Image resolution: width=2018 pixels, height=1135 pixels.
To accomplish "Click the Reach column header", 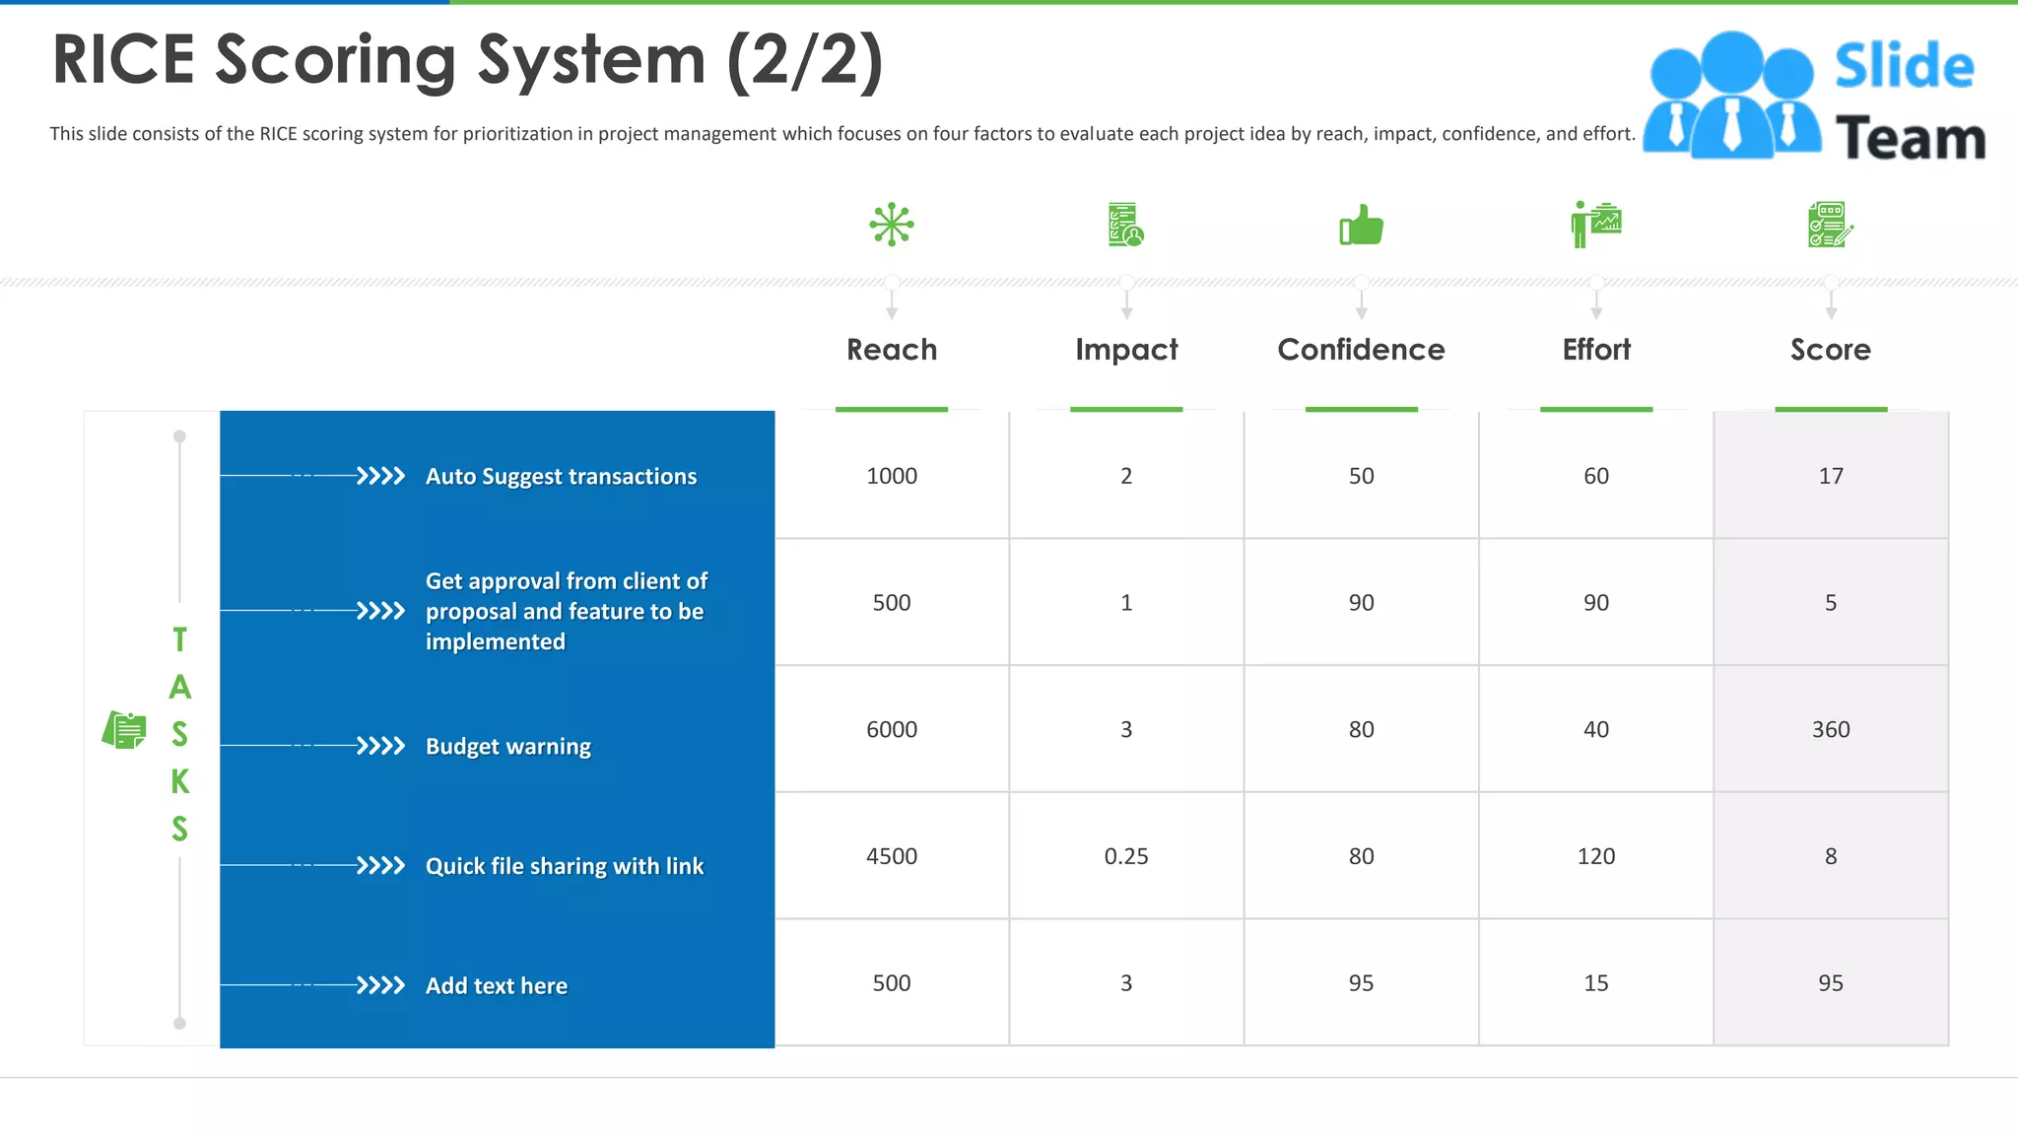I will [x=892, y=350].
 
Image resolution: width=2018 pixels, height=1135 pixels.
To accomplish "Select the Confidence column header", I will [x=1361, y=350].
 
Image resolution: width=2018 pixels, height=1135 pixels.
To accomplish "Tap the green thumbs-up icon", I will [x=1361, y=225].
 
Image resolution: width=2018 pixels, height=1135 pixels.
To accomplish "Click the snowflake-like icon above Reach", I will [x=892, y=225].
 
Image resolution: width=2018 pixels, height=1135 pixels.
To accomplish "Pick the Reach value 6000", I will [x=892, y=729].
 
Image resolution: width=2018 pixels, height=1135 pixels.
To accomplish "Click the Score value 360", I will [x=1831, y=729].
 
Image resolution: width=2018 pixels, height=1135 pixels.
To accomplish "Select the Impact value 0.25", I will [x=1126, y=856].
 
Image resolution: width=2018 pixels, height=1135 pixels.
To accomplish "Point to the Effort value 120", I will [x=1596, y=856].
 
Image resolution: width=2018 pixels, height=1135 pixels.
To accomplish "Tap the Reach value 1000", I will [x=892, y=476].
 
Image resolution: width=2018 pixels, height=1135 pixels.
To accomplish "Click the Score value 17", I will [x=1831, y=476].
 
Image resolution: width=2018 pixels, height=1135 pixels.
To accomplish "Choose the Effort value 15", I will [x=1596, y=983].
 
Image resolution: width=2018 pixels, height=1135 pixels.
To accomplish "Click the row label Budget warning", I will [x=508, y=747].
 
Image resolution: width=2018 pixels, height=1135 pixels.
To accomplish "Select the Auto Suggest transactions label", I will [x=561, y=477].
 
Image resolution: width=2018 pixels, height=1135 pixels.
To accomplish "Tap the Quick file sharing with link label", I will [x=565, y=867].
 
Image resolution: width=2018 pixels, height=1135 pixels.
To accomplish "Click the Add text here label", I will [x=497, y=986].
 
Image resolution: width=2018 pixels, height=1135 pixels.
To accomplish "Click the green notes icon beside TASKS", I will [x=124, y=730].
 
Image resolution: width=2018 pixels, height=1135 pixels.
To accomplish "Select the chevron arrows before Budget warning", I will [x=380, y=746].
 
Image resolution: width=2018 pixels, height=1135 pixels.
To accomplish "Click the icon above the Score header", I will [x=1831, y=225].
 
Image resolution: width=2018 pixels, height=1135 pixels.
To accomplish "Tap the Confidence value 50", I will [x=1361, y=476].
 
